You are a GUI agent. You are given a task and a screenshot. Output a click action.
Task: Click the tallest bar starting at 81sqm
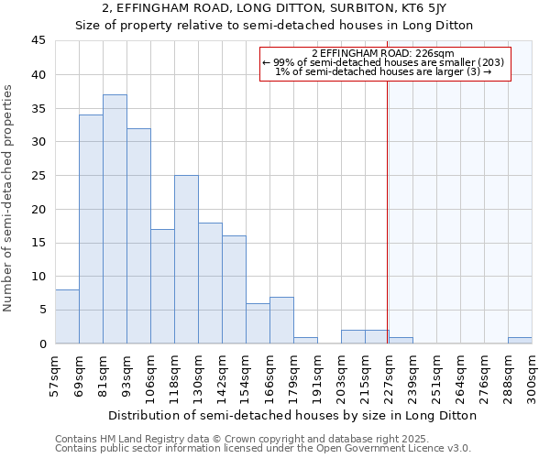tap(115, 219)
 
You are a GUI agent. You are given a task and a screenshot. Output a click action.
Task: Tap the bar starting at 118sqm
tap(186, 259)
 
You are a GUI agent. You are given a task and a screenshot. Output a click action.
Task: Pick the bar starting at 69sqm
tap(91, 229)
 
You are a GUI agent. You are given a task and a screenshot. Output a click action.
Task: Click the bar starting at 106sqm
tap(162, 286)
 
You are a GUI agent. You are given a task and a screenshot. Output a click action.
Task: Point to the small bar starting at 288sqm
tap(520, 340)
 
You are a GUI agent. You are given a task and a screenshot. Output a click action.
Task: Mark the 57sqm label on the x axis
tap(55, 375)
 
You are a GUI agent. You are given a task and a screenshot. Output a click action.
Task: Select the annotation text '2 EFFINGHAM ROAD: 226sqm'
tap(383, 54)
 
